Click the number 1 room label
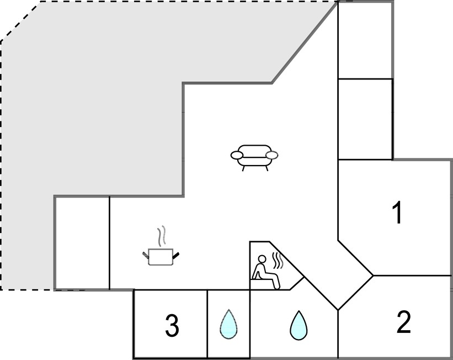398,213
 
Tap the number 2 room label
403,321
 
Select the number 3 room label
172,326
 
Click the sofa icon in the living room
254,157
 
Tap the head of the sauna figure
262,259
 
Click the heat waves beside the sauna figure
278,260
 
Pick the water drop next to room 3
228,324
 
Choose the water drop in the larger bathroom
299,325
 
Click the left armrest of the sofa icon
237,155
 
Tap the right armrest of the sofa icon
272,155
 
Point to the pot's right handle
175,255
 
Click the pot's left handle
146,255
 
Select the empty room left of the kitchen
82,243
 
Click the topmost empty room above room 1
365,40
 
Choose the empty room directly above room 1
365,119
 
